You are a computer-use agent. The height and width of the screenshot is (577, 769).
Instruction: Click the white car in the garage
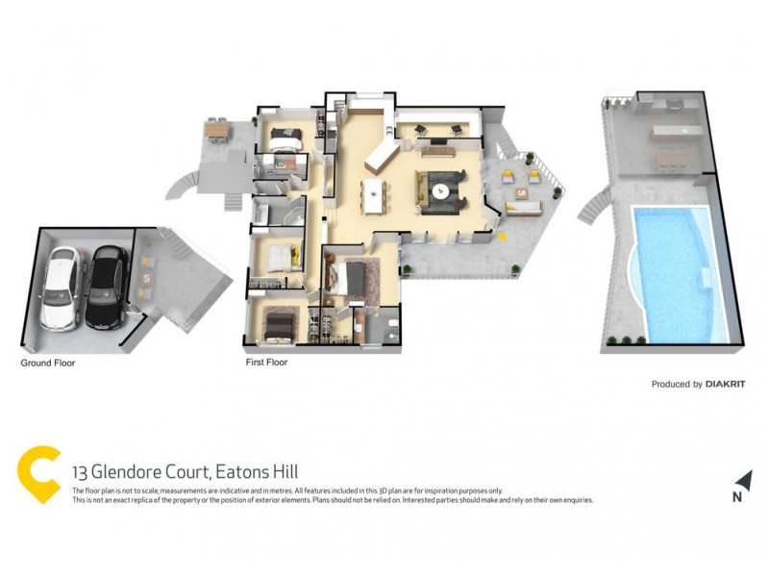[x=61, y=286]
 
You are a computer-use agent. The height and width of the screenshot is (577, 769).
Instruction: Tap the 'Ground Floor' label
[x=48, y=364]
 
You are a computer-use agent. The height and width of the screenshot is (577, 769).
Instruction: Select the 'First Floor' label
[x=266, y=363]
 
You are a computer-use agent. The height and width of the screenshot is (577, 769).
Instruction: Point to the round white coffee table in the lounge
[x=441, y=189]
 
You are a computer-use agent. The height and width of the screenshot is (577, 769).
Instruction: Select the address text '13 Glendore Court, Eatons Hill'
[x=186, y=471]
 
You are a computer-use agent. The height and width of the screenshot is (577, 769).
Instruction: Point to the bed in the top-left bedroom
[x=285, y=139]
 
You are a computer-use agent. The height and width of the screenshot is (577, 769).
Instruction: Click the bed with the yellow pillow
[x=279, y=255]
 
